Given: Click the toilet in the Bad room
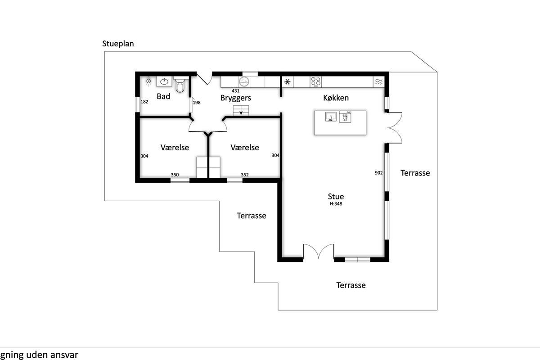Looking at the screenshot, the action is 180,85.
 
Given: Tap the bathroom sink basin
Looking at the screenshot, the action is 164,82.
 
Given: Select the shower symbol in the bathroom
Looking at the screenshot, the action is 148,81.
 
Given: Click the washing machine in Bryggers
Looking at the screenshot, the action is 244,82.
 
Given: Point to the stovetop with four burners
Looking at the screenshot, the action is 316,82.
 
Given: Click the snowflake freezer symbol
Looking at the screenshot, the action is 288,82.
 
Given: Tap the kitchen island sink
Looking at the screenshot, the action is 331,117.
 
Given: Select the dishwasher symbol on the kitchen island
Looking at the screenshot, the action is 345,117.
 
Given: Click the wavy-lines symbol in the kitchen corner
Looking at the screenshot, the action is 379,82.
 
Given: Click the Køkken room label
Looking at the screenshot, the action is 336,98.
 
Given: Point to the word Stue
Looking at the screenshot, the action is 336,196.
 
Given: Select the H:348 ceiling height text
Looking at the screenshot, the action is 336,204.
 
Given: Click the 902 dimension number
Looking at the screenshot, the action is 379,173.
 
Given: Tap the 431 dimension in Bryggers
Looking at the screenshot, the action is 235,90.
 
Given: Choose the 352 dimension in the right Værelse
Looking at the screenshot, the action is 245,175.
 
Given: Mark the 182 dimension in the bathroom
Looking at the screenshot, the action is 144,102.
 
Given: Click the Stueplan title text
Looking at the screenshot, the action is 118,44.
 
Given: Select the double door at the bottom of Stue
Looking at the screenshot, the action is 319,252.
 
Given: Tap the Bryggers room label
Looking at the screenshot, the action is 235,98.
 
